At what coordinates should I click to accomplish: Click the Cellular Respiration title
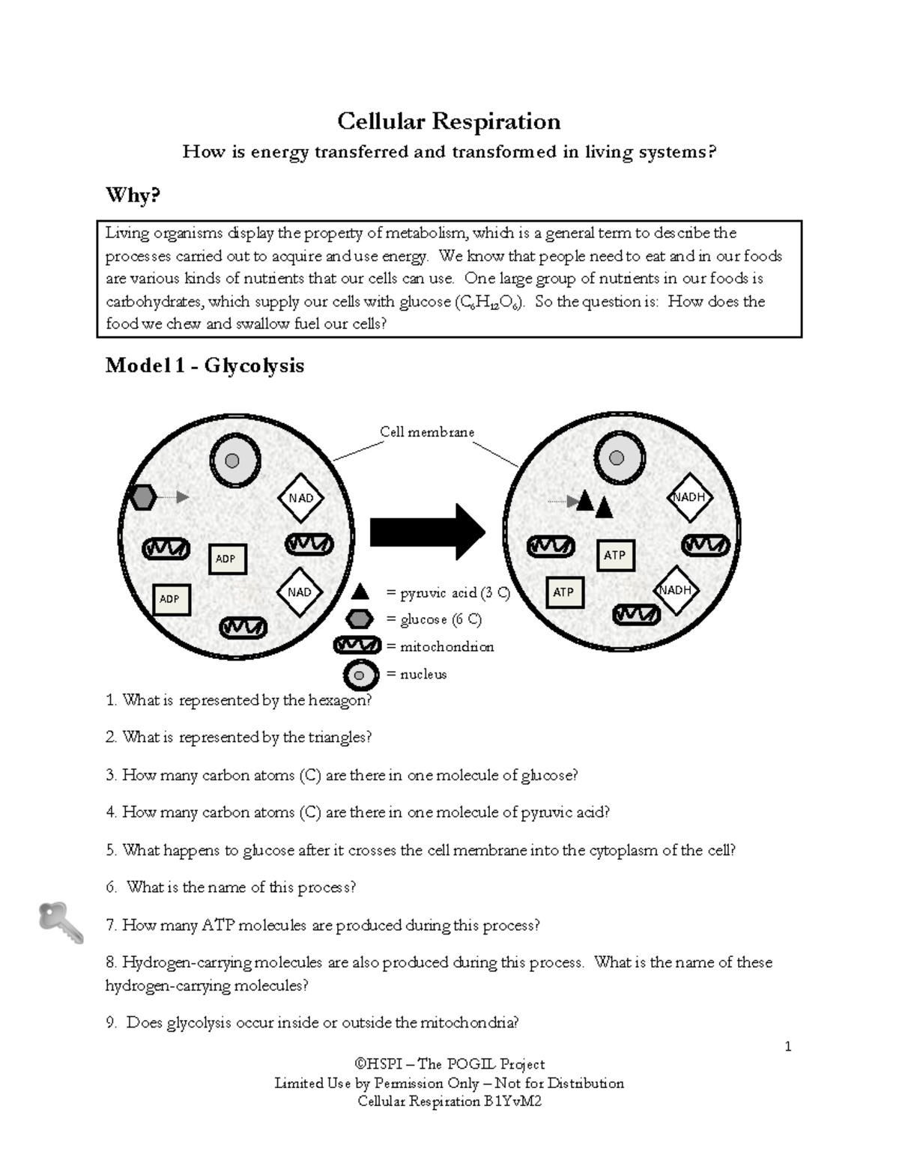(448, 121)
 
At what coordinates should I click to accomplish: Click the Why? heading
(133, 195)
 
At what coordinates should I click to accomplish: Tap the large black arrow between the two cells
(428, 532)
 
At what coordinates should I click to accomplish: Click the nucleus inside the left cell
(234, 461)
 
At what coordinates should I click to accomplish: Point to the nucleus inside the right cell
(617, 458)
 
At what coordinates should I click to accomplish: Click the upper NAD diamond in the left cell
(300, 498)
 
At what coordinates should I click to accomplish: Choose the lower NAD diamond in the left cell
(299, 592)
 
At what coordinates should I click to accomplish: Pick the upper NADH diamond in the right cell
(688, 497)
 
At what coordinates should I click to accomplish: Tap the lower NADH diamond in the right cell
(674, 590)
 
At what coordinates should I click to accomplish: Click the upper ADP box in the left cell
(226, 559)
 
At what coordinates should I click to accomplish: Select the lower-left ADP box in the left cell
(170, 599)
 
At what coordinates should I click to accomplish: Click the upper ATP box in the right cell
(615, 555)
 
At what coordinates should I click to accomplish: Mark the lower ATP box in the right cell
(563, 592)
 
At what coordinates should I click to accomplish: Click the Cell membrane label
(426, 432)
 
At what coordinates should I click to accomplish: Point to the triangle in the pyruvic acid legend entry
(360, 592)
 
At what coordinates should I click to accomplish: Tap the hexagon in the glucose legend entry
(360, 619)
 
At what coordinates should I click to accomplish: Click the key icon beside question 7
(61, 922)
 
